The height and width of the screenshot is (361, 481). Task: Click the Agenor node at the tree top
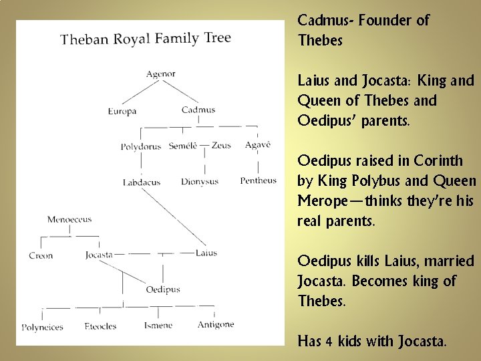(161, 74)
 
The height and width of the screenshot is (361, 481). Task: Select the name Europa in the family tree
(122, 111)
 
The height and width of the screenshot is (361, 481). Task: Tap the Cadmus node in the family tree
(198, 110)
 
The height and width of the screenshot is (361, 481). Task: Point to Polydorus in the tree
(141, 146)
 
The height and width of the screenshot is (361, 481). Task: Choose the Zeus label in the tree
(221, 146)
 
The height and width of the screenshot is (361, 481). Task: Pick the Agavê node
(257, 145)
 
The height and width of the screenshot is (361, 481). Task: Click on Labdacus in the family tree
(142, 182)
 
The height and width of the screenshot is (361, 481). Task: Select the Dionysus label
(200, 182)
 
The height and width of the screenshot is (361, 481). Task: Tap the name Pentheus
(258, 180)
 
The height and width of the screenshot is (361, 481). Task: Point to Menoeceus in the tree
(69, 219)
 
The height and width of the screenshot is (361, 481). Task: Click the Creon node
(41, 255)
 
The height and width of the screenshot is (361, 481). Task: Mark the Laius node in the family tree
(206, 253)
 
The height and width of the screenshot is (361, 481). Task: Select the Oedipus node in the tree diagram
(163, 289)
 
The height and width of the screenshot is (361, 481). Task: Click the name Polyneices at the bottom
(42, 328)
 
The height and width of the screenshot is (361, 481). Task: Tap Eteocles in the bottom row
(100, 327)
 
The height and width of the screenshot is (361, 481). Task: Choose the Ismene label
(158, 326)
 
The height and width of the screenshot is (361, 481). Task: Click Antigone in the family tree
(216, 325)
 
